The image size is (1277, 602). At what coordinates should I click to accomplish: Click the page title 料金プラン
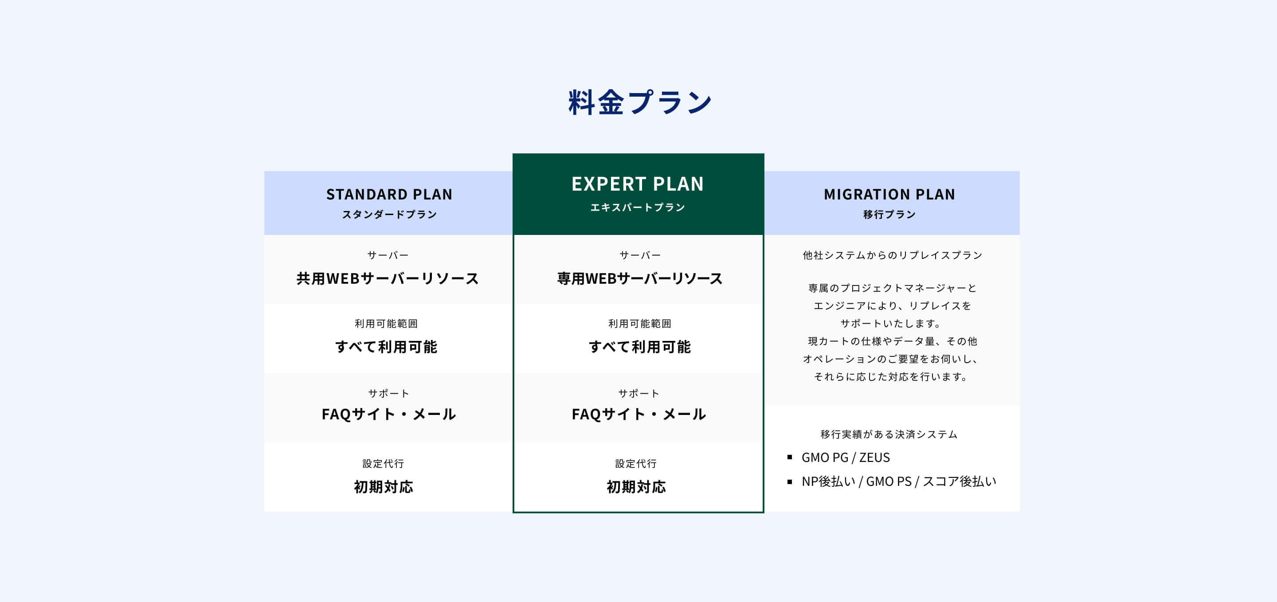tap(639, 102)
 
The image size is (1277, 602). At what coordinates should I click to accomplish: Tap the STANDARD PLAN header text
tap(389, 194)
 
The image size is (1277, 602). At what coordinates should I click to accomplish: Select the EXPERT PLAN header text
tap(638, 184)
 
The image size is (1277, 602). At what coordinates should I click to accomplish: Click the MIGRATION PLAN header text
tap(889, 194)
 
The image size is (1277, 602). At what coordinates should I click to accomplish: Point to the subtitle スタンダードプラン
tap(389, 215)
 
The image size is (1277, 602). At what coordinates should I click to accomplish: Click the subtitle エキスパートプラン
tap(638, 207)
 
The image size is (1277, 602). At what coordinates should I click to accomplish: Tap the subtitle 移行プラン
tap(889, 215)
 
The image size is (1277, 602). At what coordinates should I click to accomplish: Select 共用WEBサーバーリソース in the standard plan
tap(388, 278)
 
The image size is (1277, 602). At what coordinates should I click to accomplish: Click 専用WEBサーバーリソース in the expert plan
tap(639, 278)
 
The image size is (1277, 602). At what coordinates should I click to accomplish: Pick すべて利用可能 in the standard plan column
tap(386, 347)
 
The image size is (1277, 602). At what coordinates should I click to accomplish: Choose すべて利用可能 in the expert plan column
tap(639, 347)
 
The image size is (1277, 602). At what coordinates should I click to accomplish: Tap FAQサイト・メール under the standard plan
tap(389, 414)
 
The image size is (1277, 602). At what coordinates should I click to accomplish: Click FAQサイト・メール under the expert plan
tap(638, 414)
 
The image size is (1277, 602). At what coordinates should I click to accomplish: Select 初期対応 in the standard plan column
tap(383, 487)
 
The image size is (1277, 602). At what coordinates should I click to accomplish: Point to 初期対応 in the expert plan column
tap(636, 487)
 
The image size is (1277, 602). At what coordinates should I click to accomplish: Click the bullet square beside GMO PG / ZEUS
tap(790, 457)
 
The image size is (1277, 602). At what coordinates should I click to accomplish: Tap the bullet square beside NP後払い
tap(790, 481)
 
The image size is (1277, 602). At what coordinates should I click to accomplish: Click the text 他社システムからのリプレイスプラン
tap(892, 255)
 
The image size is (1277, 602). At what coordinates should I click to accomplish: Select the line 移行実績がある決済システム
tap(889, 434)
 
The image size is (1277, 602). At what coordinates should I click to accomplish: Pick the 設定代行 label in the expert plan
tap(636, 464)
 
